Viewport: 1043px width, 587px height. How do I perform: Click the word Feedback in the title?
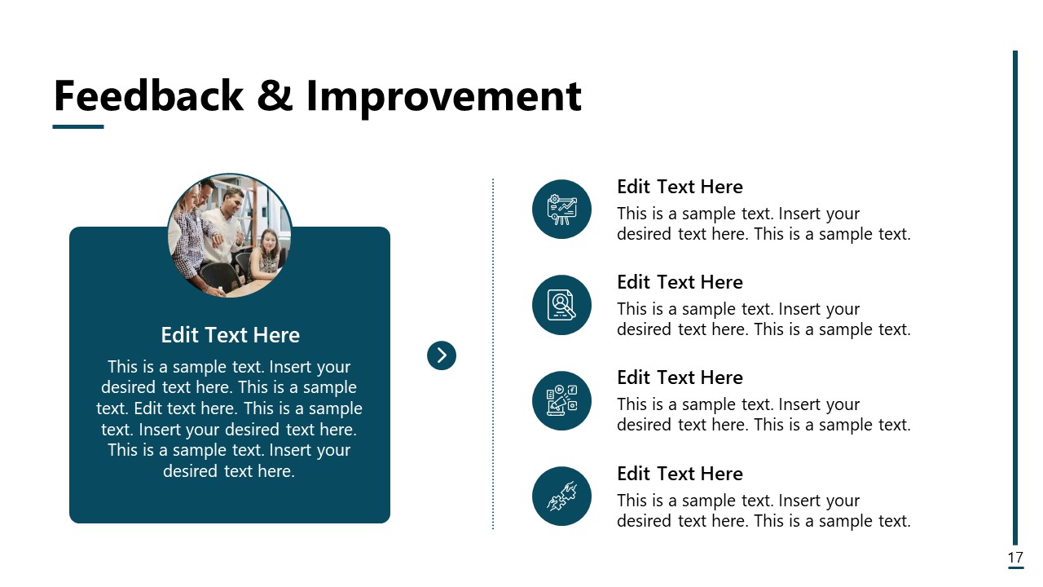pos(147,96)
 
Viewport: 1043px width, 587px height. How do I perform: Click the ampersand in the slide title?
pos(274,96)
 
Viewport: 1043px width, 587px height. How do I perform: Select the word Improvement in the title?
pos(443,96)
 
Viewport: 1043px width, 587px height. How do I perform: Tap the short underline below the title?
pos(78,126)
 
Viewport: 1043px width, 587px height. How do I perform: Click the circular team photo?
pos(229,235)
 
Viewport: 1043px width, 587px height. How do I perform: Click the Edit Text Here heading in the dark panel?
pos(230,335)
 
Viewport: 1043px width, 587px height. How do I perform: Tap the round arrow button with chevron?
pos(442,355)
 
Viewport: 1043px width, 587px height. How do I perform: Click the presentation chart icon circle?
pos(561,210)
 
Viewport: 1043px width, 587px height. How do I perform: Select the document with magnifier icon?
pos(561,305)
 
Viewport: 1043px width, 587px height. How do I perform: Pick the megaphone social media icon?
pos(561,400)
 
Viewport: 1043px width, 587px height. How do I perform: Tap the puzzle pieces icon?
pos(561,496)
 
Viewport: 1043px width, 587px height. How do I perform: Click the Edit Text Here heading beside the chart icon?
pos(680,187)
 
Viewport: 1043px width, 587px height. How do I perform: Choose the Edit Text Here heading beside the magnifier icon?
pos(680,282)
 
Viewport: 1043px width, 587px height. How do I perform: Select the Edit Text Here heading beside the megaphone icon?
pos(680,377)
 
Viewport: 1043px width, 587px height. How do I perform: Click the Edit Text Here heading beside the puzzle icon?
pos(680,474)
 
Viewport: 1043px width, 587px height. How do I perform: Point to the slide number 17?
pos(1015,558)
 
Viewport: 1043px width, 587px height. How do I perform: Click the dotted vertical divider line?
pos(493,408)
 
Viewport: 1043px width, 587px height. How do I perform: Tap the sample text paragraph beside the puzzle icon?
pos(763,511)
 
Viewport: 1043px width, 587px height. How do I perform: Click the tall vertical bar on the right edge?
pos(1015,293)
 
